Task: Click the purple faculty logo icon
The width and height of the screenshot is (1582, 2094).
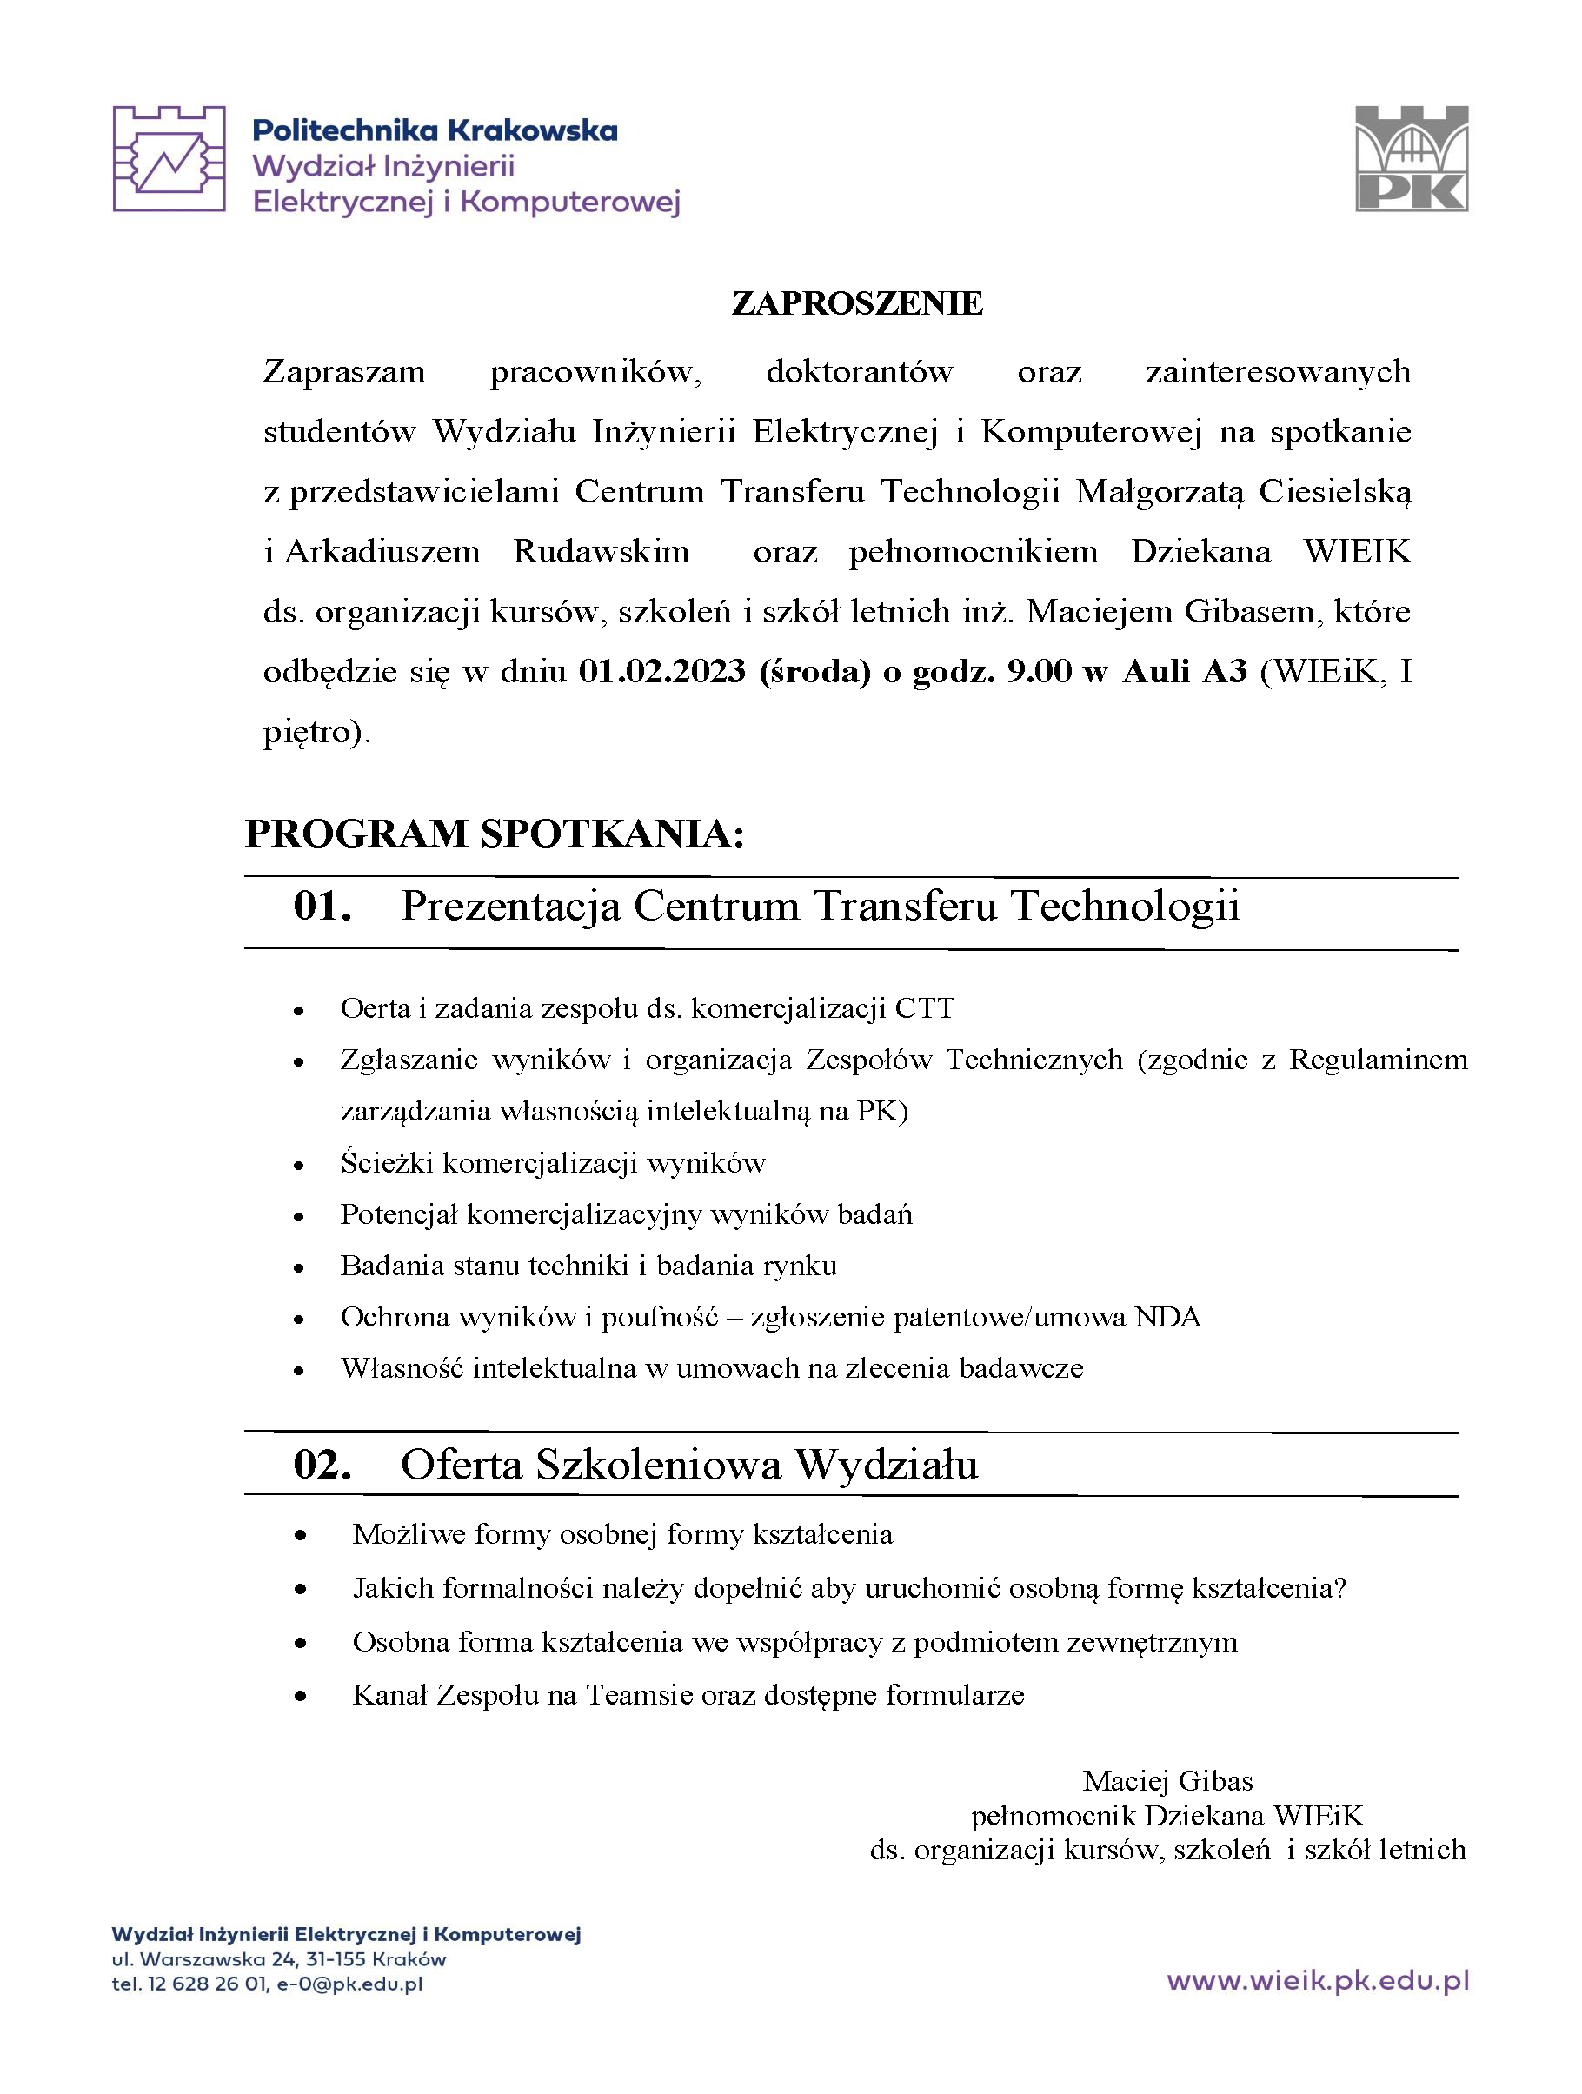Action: (169, 158)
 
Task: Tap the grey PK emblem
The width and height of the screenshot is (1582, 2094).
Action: (1412, 158)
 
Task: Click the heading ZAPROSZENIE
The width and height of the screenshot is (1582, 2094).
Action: (857, 302)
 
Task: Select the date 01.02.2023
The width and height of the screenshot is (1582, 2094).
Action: (661, 671)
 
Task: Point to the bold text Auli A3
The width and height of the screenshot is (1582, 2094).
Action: (1185, 671)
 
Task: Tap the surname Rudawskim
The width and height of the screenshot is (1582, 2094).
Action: (602, 551)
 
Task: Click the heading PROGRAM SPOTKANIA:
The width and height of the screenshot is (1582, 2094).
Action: (495, 833)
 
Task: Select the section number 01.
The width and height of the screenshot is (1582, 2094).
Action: (322, 906)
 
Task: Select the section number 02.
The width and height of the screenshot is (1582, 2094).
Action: (322, 1464)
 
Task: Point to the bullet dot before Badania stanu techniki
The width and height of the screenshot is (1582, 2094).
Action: (299, 1267)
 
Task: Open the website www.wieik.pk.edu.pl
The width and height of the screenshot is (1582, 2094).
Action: (1317, 1980)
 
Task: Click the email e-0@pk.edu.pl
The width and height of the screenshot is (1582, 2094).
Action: (349, 1984)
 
